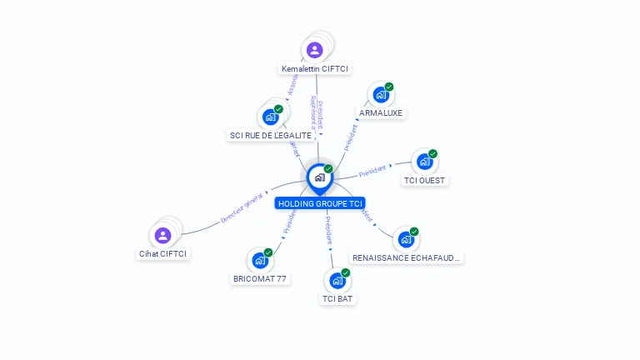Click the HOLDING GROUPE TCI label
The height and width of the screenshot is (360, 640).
tap(321, 203)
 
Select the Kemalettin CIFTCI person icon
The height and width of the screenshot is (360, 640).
tap(314, 51)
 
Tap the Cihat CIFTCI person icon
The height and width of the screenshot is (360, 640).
tap(162, 236)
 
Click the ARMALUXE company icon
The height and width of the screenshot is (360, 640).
tap(381, 95)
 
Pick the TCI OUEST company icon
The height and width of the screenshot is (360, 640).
tap(425, 162)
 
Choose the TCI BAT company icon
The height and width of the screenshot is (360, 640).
tap(337, 281)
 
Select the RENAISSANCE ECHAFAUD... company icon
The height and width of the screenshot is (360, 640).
tap(406, 240)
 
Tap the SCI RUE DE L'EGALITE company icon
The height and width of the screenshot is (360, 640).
tap(271, 117)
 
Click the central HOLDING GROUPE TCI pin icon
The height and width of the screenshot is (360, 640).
tap(319, 177)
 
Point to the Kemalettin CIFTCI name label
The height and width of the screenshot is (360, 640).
tap(315, 68)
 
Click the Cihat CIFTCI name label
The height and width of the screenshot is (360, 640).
tap(162, 253)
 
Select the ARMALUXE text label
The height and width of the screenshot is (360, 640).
tap(381, 112)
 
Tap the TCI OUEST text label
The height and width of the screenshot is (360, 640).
tap(425, 180)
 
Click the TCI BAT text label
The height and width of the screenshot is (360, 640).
tap(337, 298)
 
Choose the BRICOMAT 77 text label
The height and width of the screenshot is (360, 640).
tap(260, 278)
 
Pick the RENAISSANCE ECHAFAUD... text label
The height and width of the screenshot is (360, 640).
tap(406, 258)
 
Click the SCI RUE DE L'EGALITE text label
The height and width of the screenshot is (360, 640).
tap(271, 135)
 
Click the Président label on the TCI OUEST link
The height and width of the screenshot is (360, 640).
tap(372, 170)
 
